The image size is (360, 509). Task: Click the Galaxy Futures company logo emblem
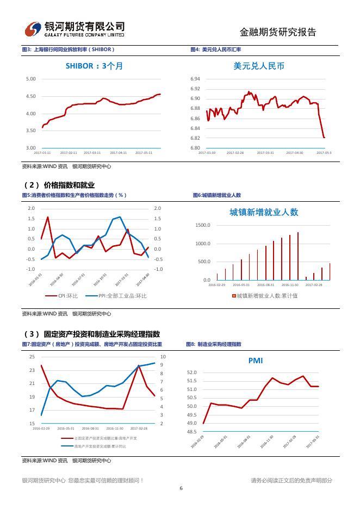click(x=34, y=28)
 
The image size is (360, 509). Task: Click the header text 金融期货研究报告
click(x=277, y=32)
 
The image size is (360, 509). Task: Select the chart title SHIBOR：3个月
click(x=95, y=66)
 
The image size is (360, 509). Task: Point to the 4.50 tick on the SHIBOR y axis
click(x=30, y=96)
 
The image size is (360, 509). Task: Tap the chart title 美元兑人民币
click(x=258, y=66)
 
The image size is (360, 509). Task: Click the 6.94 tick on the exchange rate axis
click(x=195, y=79)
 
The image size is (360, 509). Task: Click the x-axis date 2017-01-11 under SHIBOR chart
click(x=42, y=153)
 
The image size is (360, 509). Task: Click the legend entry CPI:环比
click(x=68, y=296)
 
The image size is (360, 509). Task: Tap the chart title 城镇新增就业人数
click(x=264, y=212)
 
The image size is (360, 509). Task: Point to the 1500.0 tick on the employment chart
click(x=202, y=225)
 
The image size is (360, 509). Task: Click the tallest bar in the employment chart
click(x=298, y=256)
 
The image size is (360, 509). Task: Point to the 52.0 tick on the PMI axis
click(x=191, y=373)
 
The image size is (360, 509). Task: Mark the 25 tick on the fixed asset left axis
click(x=32, y=357)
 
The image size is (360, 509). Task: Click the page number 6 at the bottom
click(x=180, y=488)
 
